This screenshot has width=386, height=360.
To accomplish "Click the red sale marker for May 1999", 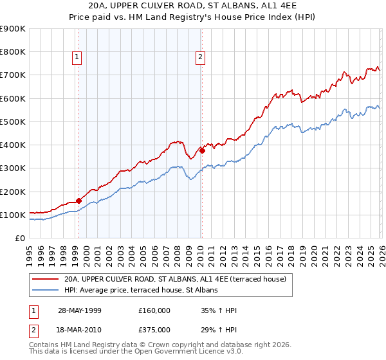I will [78, 201].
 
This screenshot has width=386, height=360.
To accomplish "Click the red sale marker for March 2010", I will [201, 151].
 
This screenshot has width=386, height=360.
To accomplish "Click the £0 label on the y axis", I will [19, 239].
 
